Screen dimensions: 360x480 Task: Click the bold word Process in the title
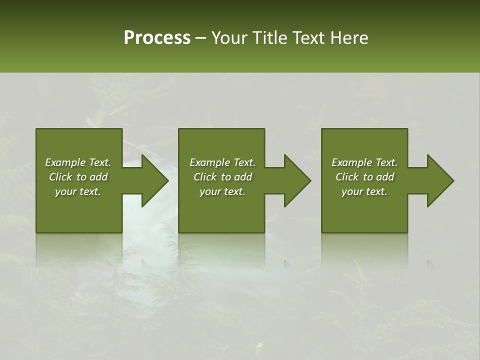pyautogui.click(x=157, y=38)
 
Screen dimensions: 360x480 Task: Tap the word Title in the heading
pyautogui.click(x=270, y=38)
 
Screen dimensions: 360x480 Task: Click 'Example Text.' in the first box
pyautogui.click(x=78, y=162)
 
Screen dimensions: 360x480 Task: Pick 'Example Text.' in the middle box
pyautogui.click(x=222, y=162)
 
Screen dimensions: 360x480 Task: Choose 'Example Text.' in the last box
pyautogui.click(x=364, y=162)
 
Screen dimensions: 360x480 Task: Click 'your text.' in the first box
pyautogui.click(x=78, y=191)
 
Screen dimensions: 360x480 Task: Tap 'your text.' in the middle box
pyautogui.click(x=222, y=191)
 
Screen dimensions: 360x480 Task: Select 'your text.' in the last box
pyautogui.click(x=364, y=191)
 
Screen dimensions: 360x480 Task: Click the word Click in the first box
pyautogui.click(x=60, y=177)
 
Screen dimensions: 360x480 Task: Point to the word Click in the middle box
pyautogui.click(x=205, y=177)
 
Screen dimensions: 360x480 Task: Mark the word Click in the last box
pyautogui.click(x=347, y=177)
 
